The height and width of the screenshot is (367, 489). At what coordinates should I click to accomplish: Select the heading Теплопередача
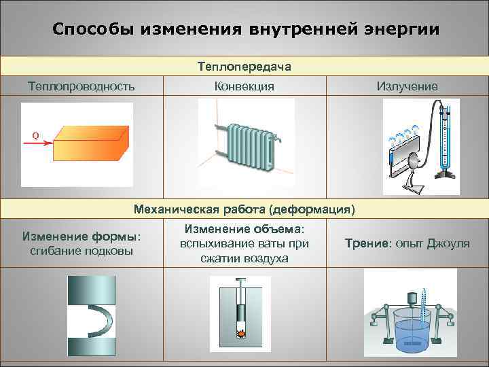coord(244,67)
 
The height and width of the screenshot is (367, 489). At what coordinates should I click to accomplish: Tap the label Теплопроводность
coord(81,86)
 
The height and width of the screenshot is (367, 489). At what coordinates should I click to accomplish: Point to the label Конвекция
coord(244,86)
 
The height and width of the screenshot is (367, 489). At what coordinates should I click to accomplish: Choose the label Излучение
coord(407,86)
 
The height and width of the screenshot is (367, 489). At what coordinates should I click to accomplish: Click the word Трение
coord(366,243)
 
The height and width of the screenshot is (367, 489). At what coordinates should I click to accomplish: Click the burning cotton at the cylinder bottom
coord(239,332)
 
